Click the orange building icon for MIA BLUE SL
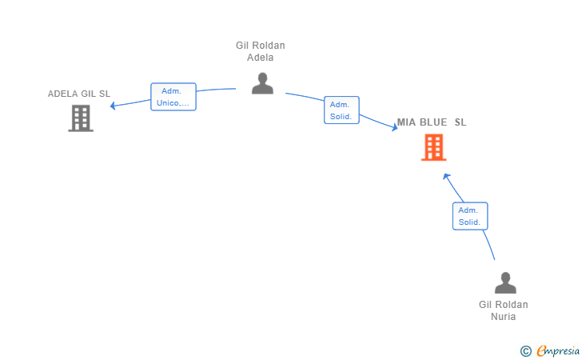click(433, 147)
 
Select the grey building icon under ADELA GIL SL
click(81, 118)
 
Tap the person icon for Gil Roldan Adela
click(262, 83)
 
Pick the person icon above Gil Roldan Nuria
click(505, 282)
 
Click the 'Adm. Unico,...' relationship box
click(173, 97)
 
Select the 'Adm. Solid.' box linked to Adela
click(341, 110)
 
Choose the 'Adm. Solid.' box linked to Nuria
click(470, 216)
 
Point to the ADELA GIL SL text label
click(79, 94)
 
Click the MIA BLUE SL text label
click(432, 122)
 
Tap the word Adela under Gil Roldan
click(260, 58)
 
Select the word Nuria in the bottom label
click(504, 317)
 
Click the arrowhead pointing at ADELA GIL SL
click(113, 106)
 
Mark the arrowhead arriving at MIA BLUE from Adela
click(395, 127)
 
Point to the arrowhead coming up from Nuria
click(446, 177)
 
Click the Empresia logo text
click(558, 350)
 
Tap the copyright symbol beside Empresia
click(525, 351)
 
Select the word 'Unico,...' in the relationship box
click(173, 103)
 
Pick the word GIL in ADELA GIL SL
click(88, 94)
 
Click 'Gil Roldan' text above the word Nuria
click(504, 305)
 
